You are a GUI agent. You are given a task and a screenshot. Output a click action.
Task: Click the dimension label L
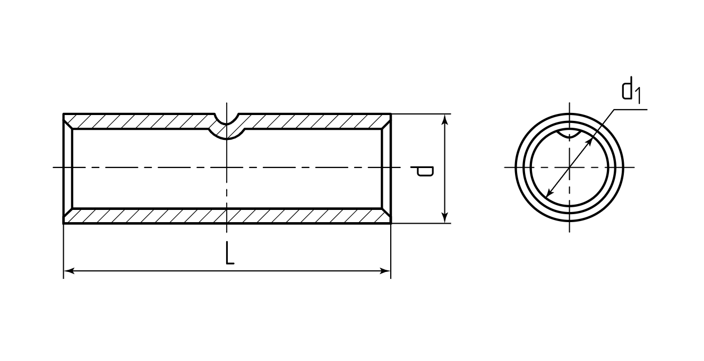tap(230, 253)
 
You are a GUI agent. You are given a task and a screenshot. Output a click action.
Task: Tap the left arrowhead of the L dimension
tap(69, 271)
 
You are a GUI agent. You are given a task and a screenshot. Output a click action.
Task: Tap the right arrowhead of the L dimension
tap(385, 271)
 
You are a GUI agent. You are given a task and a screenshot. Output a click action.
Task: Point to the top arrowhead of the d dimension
tap(445, 119)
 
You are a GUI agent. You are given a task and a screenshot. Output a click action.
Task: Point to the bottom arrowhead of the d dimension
tap(445, 218)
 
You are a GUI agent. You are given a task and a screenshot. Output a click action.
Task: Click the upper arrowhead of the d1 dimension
tap(589, 142)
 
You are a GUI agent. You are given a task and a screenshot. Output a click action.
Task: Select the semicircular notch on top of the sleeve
tap(227, 119)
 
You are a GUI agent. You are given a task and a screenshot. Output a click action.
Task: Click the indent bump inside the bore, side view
tap(227, 134)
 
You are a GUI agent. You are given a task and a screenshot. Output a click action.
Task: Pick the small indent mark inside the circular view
tap(570, 134)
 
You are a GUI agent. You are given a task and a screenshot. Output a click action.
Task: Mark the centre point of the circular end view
tap(570, 168)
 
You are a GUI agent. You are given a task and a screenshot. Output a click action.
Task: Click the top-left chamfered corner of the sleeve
tap(68, 121)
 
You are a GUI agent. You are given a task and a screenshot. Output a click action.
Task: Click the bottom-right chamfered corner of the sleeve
tap(387, 216)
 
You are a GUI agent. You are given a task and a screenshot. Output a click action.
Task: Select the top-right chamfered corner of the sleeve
tap(387, 121)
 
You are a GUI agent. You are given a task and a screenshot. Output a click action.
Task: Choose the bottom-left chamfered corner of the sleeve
tap(68, 216)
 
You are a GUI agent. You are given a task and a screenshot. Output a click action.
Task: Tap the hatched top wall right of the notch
tap(314, 121)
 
